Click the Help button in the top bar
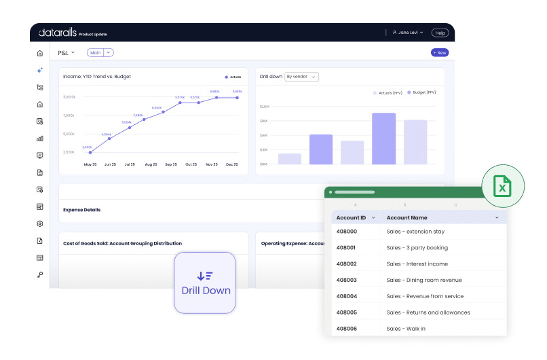pos(440,33)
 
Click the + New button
pos(440,52)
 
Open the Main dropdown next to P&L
pos(100,52)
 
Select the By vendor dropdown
pos(302,77)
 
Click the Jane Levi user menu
pos(408,33)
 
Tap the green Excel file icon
pos(502,185)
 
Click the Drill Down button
pos(206,283)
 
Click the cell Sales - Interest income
pos(417,264)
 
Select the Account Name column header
pos(407,217)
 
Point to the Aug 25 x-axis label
pos(151,164)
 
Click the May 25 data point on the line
pos(90,152)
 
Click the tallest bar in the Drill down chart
pos(383,139)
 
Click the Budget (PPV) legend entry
pos(423,92)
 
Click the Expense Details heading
pos(81,210)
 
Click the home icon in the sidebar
pos(40,53)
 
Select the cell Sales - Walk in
pos(407,329)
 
